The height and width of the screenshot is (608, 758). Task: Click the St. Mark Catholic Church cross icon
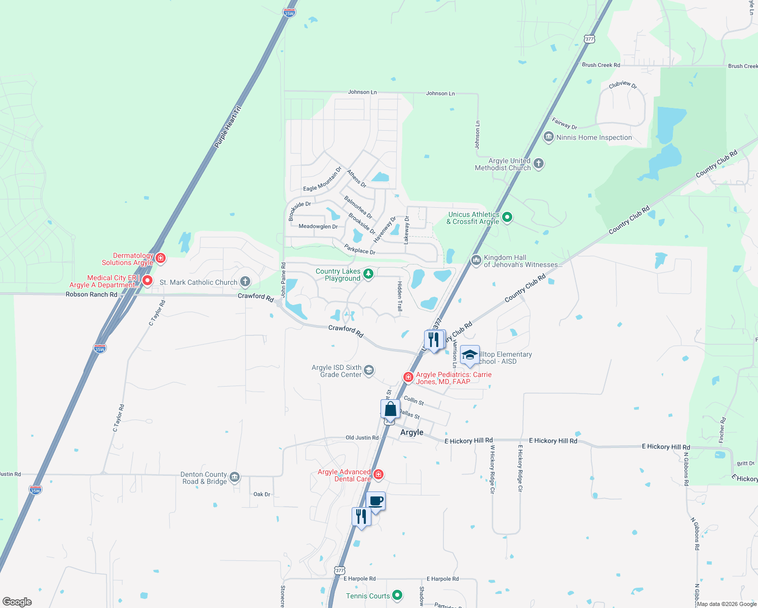click(x=245, y=282)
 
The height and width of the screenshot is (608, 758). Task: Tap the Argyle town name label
click(x=411, y=432)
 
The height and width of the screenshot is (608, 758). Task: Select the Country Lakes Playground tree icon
click(x=368, y=274)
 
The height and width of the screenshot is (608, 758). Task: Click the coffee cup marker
click(x=375, y=502)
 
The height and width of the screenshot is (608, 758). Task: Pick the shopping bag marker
click(x=390, y=409)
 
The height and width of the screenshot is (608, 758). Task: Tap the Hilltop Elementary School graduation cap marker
click(x=470, y=355)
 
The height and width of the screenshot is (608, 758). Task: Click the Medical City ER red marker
click(x=147, y=280)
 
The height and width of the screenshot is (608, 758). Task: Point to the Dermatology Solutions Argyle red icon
click(x=161, y=258)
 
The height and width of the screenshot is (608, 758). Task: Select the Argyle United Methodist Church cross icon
click(x=539, y=163)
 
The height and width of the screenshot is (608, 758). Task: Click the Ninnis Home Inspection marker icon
click(x=548, y=137)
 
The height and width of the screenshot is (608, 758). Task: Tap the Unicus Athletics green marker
click(x=507, y=217)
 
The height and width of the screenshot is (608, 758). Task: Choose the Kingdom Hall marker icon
click(x=476, y=260)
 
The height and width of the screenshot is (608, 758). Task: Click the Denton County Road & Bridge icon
click(x=234, y=477)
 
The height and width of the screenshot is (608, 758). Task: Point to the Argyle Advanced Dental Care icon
click(x=378, y=474)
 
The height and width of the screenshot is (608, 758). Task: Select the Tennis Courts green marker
click(x=397, y=595)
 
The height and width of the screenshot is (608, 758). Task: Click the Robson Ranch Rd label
click(x=91, y=294)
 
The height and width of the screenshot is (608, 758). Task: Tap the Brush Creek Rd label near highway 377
click(x=601, y=65)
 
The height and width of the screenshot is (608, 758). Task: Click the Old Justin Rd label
click(x=362, y=437)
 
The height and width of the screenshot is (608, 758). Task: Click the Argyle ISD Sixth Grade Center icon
click(x=369, y=370)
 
